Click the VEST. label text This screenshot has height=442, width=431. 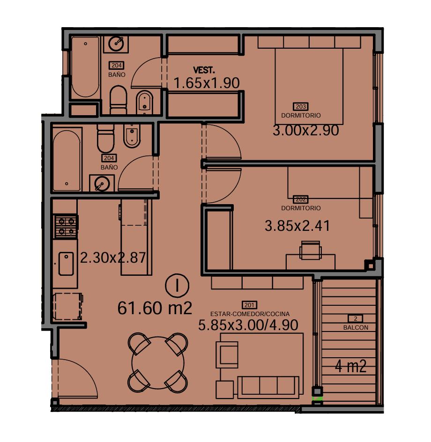pos(204,70)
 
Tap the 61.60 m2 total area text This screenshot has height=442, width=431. pos(155,308)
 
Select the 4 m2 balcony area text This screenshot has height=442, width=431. pos(350,367)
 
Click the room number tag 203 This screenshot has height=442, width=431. pos(301,107)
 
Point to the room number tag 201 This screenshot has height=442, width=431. pos(249,305)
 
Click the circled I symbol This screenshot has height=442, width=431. pos(177,286)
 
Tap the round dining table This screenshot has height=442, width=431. pos(158,363)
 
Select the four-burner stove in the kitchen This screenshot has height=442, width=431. pos(66,227)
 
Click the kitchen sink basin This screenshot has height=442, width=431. pos(66,264)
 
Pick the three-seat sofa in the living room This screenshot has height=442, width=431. pos(268,387)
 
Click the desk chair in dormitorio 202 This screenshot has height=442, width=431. pos(310,250)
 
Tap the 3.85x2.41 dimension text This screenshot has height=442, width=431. pos(297,226)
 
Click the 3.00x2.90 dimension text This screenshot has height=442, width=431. pos(306,131)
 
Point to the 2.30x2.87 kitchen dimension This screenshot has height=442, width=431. pos(113,258)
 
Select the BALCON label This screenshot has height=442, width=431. pos(356,328)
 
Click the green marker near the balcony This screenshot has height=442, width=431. pos(317,398)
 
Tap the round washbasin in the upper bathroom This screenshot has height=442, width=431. pos(116,44)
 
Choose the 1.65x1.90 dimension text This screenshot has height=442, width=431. pos(207,83)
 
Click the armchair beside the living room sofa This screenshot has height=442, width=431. pos(227,354)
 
